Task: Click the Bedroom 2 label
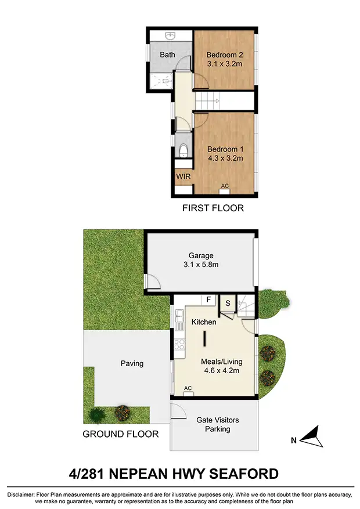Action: click(x=224, y=55)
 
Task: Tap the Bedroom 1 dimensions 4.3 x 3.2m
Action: click(x=224, y=157)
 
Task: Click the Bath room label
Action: click(x=168, y=55)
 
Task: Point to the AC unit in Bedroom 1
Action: click(x=225, y=186)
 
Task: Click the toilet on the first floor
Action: click(x=183, y=151)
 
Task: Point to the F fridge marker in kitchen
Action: click(x=207, y=299)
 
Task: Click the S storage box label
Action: click(x=228, y=303)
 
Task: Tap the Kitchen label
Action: click(x=204, y=322)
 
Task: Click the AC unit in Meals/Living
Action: click(x=188, y=388)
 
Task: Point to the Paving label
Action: click(x=132, y=364)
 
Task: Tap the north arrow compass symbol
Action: click(x=312, y=437)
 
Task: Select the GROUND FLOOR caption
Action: click(x=120, y=434)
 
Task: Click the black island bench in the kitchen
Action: click(x=204, y=339)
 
